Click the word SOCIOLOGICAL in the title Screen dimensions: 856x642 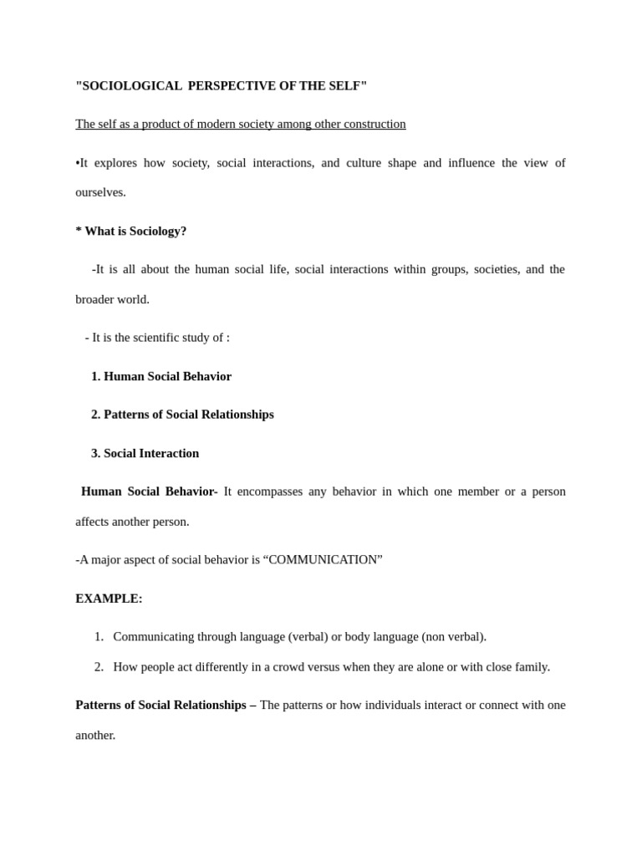130,85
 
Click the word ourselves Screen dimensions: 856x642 100,192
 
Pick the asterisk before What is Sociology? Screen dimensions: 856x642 79,230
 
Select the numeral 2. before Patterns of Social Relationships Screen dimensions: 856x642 96,415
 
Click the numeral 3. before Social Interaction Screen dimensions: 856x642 96,453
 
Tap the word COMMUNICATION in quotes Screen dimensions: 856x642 323,560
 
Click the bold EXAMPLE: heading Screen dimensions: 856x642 109,599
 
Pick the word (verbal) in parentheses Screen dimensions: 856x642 308,637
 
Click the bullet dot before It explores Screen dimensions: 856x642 78,163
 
